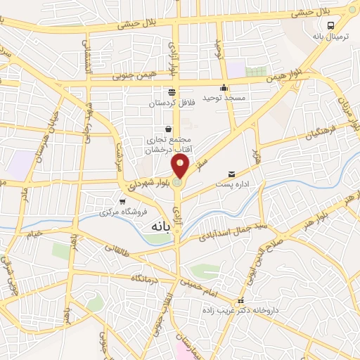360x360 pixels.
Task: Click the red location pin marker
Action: [x=181, y=166]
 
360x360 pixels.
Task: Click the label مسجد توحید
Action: [x=224, y=99]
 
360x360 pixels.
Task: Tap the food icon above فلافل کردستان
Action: [x=172, y=91]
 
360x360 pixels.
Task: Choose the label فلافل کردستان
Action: [x=171, y=104]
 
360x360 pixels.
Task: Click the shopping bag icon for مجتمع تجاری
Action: [x=168, y=129]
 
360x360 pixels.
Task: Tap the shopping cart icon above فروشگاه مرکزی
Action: [x=122, y=201]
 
